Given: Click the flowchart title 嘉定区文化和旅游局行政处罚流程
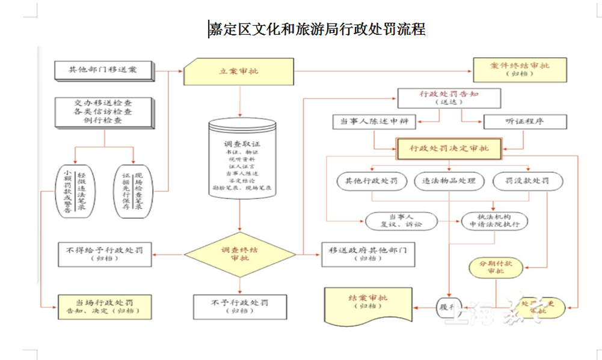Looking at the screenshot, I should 317,29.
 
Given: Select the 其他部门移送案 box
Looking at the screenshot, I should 104,70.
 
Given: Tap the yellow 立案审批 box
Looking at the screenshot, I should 239,72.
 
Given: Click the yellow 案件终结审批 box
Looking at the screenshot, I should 520,69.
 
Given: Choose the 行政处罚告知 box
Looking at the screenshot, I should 449,98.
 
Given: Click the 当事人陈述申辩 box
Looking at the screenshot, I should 374,122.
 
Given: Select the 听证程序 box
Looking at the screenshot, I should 525,122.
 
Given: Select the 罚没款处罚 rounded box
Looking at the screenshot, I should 528,181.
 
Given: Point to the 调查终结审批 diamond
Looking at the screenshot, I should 239,255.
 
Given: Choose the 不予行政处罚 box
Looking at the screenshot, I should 239,306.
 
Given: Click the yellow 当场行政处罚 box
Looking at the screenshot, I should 105,305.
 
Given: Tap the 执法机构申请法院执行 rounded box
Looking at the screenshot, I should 494,221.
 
